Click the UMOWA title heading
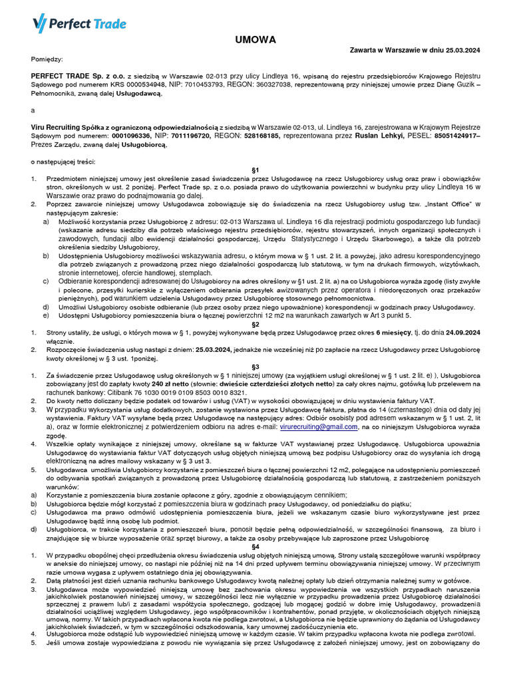click(255, 40)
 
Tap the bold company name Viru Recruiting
click(63, 126)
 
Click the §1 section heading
click(255, 170)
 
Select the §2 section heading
click(255, 324)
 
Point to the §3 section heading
click(255, 366)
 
